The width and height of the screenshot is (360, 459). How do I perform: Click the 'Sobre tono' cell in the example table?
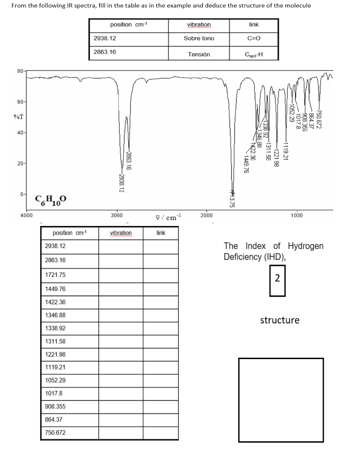199,39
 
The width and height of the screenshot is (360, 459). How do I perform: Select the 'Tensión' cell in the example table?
199,54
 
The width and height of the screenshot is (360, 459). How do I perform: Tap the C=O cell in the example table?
254,39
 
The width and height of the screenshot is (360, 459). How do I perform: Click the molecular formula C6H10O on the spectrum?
51,199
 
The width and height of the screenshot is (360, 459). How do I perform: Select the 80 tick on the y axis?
21,71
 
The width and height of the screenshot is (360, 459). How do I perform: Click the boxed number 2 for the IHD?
277,278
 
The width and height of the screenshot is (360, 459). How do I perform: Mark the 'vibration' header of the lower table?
120,233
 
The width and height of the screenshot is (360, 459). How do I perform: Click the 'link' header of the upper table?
254,25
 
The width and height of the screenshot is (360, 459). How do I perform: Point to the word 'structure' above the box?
280,320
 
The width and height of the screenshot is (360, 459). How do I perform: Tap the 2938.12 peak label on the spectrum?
122,182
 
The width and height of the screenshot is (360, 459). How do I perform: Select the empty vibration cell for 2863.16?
120,260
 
